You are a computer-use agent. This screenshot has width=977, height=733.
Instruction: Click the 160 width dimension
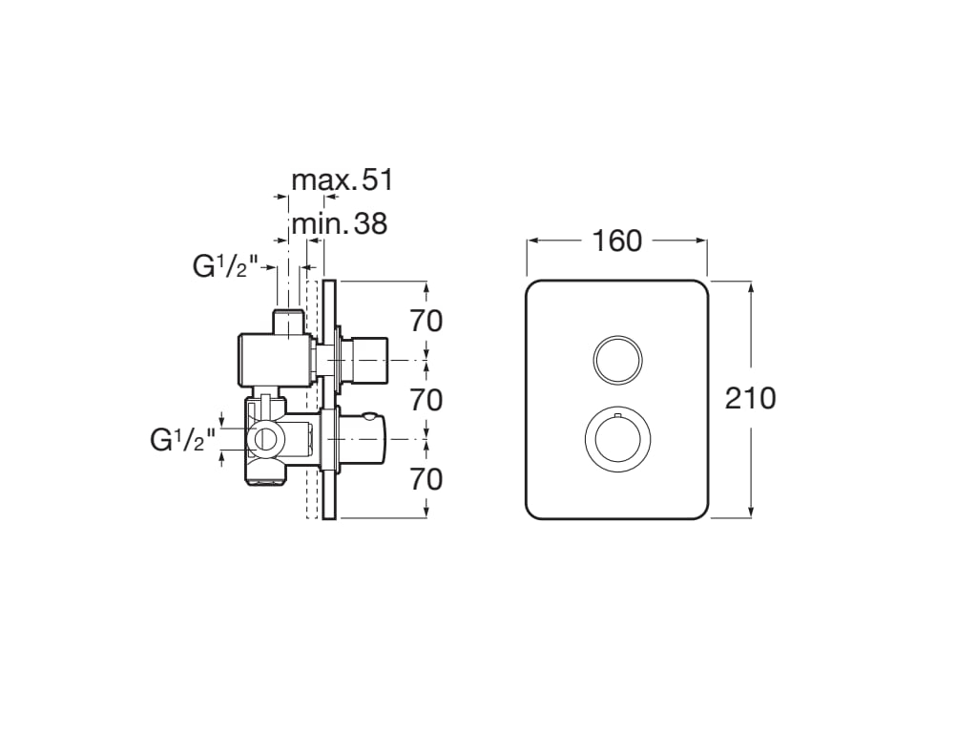(x=617, y=241)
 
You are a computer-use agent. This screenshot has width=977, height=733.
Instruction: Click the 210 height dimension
(x=750, y=398)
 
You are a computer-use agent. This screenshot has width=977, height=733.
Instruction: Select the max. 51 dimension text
(x=343, y=180)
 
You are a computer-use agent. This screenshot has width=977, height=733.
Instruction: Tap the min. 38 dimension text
(x=340, y=223)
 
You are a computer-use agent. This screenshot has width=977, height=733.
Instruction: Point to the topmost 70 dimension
(x=426, y=321)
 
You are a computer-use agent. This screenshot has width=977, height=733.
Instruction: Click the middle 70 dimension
(x=426, y=400)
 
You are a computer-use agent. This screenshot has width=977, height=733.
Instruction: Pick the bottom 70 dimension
(x=426, y=479)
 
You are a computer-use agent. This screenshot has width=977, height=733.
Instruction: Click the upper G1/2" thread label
(x=225, y=267)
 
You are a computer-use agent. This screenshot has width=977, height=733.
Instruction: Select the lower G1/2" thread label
(x=182, y=440)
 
